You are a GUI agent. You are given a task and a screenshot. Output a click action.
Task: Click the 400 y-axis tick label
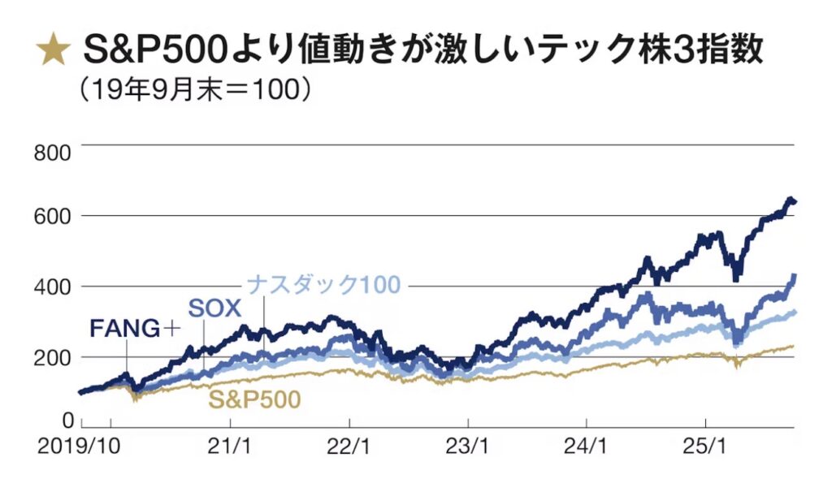[54, 287]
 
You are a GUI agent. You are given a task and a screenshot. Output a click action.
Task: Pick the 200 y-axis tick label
[54, 357]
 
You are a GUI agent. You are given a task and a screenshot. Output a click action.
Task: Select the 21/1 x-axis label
[231, 446]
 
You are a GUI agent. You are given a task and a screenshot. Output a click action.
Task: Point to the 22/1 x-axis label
[349, 446]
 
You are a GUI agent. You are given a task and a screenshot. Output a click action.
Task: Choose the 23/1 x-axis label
[468, 446]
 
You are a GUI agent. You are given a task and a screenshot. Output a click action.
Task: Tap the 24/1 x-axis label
[587, 446]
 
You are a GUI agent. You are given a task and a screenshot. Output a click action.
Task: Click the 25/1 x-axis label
[705, 446]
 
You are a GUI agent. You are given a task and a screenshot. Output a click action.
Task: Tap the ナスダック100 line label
[323, 285]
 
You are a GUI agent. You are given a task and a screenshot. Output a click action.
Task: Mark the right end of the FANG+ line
[794, 201]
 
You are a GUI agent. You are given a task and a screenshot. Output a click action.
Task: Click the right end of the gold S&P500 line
[794, 346]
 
